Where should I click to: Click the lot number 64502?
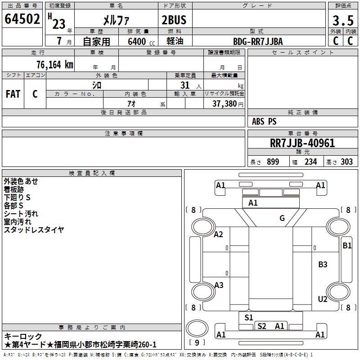pos(22,19)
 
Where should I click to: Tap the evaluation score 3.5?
pos(343,20)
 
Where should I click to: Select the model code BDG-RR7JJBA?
pos(258,41)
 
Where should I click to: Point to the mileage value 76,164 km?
pos(55,64)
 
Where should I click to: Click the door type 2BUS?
pos(174,20)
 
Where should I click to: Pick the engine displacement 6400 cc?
pos(141,41)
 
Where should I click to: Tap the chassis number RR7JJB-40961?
pos(302,143)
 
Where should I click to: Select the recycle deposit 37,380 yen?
pos(228,104)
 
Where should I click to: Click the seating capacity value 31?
pos(185,85)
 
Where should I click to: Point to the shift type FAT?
pos(13,94)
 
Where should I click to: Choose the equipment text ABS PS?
pos(264,121)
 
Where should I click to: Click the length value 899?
pos(273,162)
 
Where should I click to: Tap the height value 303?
pos(346,162)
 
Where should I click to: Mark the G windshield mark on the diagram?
pos(282,218)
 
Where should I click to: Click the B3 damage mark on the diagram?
pos(323,265)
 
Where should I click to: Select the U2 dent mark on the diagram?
pos(323,299)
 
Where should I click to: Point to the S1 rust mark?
pos(248,318)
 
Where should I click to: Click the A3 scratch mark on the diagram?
pos(219,285)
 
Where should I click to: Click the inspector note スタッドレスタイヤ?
pos(34,229)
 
